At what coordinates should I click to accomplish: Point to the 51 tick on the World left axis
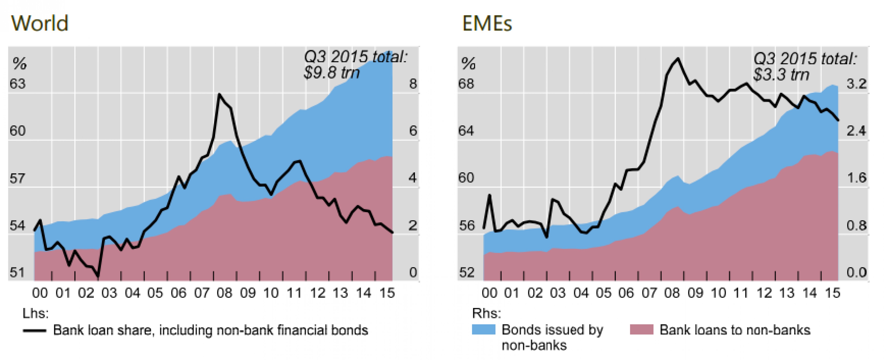coord(17,273)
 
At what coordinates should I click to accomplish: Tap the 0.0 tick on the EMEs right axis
coord(856,273)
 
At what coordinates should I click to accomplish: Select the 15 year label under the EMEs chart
coord(832,293)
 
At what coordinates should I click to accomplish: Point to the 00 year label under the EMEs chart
coord(489,293)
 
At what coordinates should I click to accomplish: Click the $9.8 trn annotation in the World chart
coord(331,73)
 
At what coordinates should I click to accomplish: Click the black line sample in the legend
coord(34,331)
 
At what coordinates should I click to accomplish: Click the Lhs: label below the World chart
coord(36,313)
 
